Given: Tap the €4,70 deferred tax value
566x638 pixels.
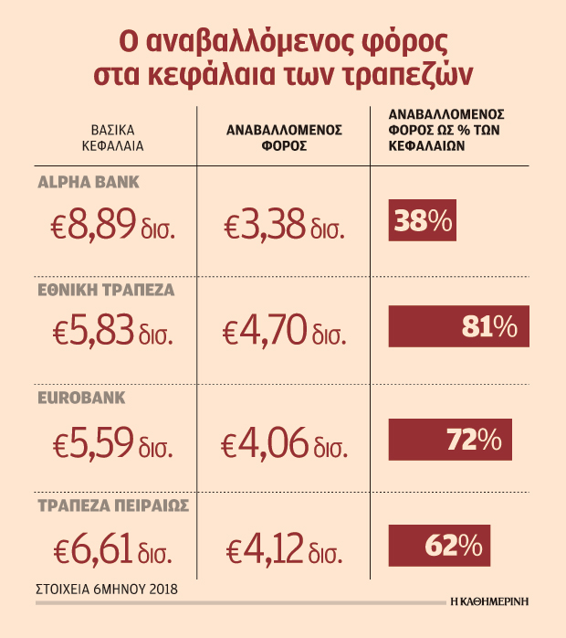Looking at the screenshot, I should click(284, 330).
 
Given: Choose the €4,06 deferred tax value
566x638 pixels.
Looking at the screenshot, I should click(284, 441).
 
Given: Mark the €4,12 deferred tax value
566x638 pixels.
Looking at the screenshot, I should click(284, 548).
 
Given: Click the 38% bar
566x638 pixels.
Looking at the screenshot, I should click(422, 220).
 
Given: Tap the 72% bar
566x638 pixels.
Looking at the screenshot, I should click(450, 439).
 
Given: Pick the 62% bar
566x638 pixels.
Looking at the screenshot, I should click(439, 546).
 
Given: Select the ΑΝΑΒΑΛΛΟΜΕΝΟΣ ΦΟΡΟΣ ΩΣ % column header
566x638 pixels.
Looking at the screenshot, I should click(448, 130).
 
